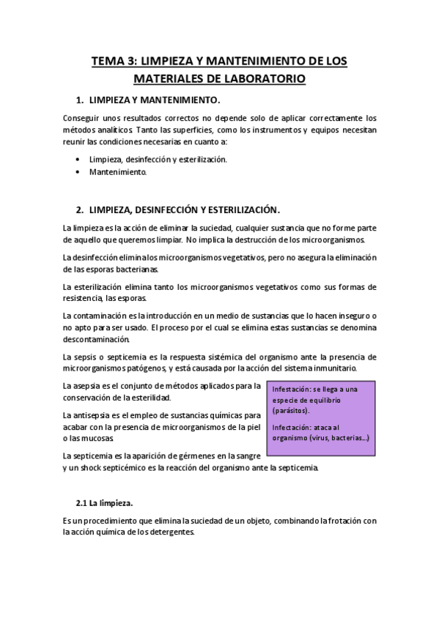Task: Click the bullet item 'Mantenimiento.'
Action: [118, 172]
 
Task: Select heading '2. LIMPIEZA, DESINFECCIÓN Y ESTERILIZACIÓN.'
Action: [179, 208]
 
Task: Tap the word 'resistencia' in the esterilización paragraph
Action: [84, 298]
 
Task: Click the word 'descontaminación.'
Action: [97, 339]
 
